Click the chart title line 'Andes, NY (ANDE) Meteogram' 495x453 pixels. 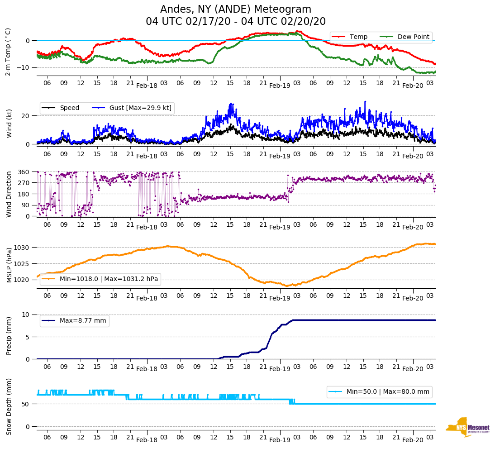coord(236,9)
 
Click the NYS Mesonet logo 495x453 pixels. coord(467,427)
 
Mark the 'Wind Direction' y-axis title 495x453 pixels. coord(9,194)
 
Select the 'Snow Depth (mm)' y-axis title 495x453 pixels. coord(9,406)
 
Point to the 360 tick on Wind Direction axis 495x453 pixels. coord(24,172)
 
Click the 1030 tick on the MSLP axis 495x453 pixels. coord(23,248)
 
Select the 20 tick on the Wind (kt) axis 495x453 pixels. coord(26,115)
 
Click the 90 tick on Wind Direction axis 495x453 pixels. coord(26,205)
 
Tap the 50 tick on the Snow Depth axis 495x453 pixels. coord(26,404)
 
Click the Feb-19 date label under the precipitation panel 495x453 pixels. coord(280,369)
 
